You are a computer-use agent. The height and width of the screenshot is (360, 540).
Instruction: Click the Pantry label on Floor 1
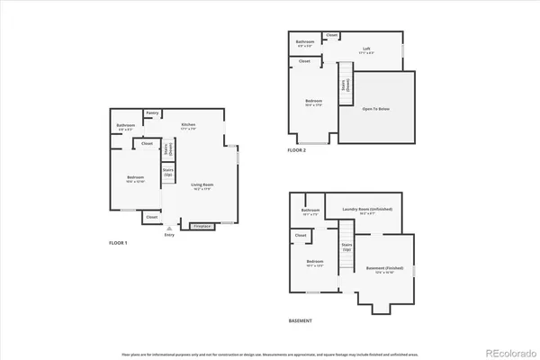[x=153, y=113]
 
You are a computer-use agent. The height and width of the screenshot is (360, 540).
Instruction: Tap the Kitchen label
[x=188, y=125]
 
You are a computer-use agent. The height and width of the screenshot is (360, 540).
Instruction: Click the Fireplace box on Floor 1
[x=202, y=227]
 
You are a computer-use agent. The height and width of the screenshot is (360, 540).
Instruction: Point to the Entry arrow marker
[x=168, y=229]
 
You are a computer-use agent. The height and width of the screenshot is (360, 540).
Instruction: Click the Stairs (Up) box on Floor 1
[x=167, y=171]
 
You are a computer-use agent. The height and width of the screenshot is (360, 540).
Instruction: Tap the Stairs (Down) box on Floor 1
[x=167, y=148]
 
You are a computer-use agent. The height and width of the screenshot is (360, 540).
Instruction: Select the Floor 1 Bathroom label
[x=125, y=126]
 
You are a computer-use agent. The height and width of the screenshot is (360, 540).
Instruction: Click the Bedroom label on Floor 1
[x=130, y=178]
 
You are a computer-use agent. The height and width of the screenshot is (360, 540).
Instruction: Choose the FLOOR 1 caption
[x=119, y=244]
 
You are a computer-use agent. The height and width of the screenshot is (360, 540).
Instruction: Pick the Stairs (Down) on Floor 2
[x=344, y=86]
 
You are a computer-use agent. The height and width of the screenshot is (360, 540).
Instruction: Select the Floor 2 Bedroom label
[x=312, y=102]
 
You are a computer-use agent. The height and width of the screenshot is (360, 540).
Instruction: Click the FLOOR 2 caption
[x=297, y=150]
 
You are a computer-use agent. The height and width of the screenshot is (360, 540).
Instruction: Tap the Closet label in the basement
[x=300, y=236]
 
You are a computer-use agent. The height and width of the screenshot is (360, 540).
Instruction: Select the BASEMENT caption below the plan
[x=301, y=321]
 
